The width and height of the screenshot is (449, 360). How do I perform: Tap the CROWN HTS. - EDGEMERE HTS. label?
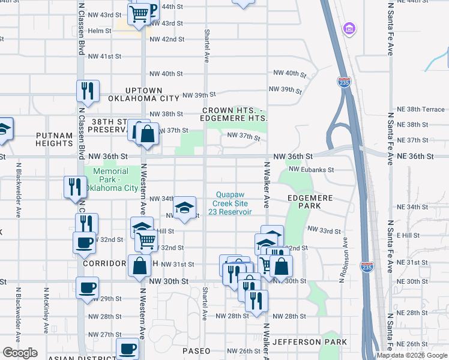pyautogui.click(x=235, y=115)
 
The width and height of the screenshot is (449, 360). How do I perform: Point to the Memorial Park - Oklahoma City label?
pyautogui.click(x=111, y=179)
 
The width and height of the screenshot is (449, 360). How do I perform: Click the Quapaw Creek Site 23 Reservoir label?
pyautogui.click(x=234, y=202)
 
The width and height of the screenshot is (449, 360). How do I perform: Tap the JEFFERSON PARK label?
pyautogui.click(x=309, y=342)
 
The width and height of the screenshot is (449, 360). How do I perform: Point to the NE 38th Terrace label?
pyautogui.click(x=421, y=110)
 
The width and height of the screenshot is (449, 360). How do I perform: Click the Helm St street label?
pyautogui.click(x=100, y=31)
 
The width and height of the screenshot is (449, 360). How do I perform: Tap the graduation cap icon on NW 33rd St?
pyautogui.click(x=185, y=208)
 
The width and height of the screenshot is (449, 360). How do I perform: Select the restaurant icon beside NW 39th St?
pyautogui.click(x=88, y=91)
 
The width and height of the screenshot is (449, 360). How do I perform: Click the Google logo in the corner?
pyautogui.click(x=20, y=353)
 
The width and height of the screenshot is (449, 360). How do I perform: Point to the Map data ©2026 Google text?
pyautogui.click(x=411, y=355)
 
